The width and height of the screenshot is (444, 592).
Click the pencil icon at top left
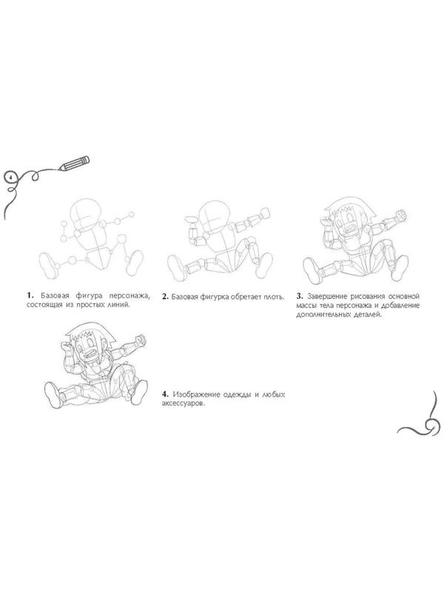(x=75, y=163)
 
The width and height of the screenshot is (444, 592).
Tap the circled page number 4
(x=11, y=177)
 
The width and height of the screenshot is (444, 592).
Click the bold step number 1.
(x=30, y=295)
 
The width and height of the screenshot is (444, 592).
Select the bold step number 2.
(x=165, y=297)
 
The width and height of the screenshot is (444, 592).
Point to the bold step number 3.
(x=300, y=296)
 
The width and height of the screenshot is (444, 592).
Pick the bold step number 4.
(x=165, y=394)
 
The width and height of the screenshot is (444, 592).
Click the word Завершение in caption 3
(x=326, y=297)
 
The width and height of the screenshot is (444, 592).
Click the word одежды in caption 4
(x=236, y=394)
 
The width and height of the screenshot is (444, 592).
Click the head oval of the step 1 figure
(x=87, y=214)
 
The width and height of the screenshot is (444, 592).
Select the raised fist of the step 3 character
(x=400, y=214)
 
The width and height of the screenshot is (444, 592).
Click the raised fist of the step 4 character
(x=141, y=340)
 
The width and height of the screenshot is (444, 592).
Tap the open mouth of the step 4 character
(x=90, y=355)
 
